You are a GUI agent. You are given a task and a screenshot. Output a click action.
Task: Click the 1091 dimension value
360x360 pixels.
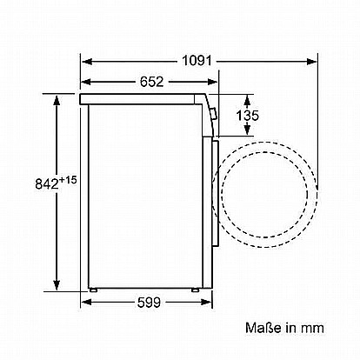[x=197, y=61]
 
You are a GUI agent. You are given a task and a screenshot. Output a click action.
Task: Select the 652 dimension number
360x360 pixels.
[x=152, y=82]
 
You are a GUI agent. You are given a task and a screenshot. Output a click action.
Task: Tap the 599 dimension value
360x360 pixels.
[x=149, y=303]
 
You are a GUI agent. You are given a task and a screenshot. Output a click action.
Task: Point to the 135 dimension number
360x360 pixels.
[x=247, y=116]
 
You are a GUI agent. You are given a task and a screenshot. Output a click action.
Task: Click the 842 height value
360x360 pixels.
[x=47, y=183]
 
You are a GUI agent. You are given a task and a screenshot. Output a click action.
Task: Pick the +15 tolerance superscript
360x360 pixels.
[x=68, y=180]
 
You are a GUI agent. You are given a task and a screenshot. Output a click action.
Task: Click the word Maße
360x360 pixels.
[x=263, y=328]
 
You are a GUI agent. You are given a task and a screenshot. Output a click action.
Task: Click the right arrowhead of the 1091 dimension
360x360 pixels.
[x=312, y=62]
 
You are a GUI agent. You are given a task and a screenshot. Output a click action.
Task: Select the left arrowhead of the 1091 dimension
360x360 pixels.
[x=87, y=62]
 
